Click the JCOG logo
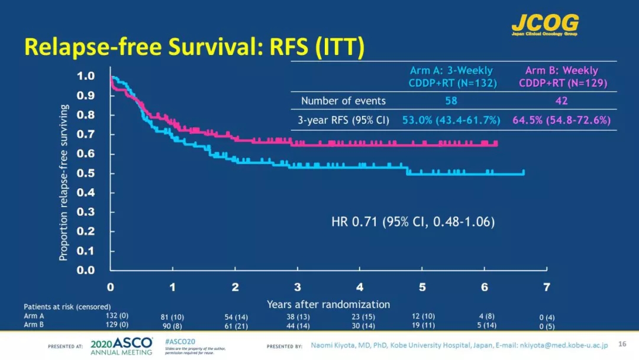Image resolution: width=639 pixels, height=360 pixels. tap(544, 24)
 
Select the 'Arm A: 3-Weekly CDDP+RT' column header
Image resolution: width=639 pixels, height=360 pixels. tap(451, 77)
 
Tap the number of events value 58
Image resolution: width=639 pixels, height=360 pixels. tap(451, 101)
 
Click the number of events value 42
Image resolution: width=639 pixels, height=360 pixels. tap(561, 101)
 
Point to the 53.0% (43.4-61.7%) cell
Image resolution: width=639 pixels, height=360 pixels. tap(451, 120)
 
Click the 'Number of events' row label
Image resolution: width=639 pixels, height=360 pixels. tap(343, 101)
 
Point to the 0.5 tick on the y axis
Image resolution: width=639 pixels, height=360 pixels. tap(86, 173)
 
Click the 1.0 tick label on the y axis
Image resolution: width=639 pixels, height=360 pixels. tap(86, 76)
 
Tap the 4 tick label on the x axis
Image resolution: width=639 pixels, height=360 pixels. tap(360, 287)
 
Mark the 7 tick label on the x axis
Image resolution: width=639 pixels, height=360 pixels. tap(546, 287)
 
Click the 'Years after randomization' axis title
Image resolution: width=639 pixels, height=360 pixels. tap(328, 304)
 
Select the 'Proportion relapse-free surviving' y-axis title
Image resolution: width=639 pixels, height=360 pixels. tap(64, 182)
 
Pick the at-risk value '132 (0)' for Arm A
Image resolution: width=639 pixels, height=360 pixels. tap(116, 316)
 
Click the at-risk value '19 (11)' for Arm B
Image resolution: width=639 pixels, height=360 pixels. tap(424, 325)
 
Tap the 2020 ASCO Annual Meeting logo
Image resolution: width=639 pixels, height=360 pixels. tap(121, 345)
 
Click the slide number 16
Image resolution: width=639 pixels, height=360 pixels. tap(622, 344)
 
